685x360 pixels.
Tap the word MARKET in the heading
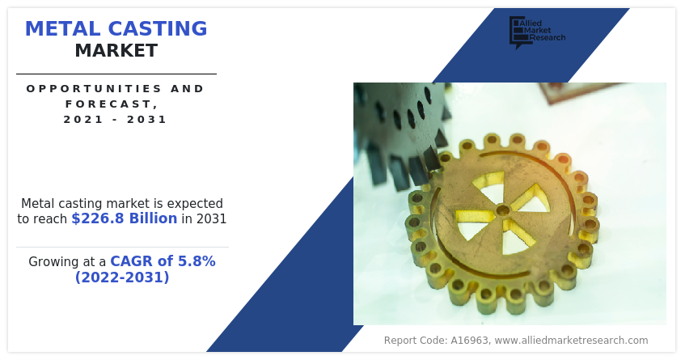pyautogui.click(x=116, y=51)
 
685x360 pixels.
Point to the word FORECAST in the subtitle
pyautogui.click(x=110, y=104)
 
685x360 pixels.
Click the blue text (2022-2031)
pyautogui.click(x=122, y=277)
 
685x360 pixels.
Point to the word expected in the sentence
pyautogui.click(x=195, y=203)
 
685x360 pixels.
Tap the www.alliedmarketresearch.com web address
pyautogui.click(x=571, y=341)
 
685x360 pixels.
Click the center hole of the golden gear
pyautogui.click(x=503, y=210)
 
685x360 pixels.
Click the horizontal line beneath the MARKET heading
pyautogui.click(x=116, y=74)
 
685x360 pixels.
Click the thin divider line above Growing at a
pyautogui.click(x=122, y=247)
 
